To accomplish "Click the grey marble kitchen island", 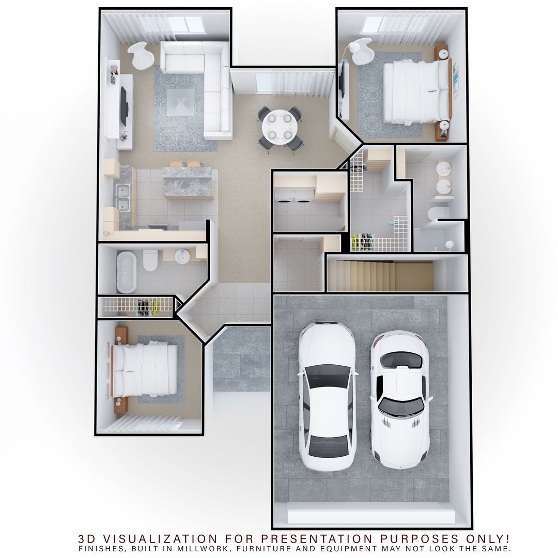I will click(x=188, y=181).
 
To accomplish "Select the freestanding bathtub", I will click(x=126, y=271).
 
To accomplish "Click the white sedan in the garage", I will click(x=327, y=395).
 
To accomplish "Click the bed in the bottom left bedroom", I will click(x=146, y=368).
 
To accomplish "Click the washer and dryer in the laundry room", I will click(x=294, y=196).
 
